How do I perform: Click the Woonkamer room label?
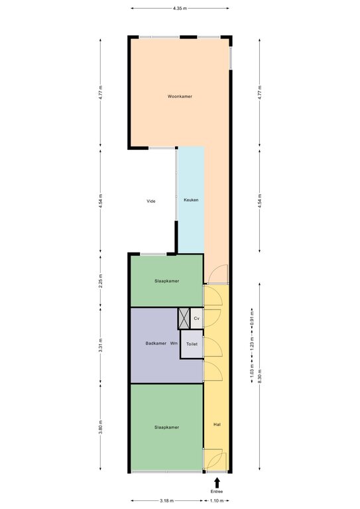180,96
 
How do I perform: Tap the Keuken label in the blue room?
191,200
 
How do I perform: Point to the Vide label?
151,201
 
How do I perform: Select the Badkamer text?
156,343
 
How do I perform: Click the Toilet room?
192,344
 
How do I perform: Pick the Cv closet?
196,318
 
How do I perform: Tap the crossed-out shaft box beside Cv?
184,318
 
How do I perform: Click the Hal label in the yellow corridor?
217,424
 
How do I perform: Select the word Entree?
217,492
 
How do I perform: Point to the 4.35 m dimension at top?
180,8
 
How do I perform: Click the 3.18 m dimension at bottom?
166,500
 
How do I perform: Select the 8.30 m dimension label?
259,376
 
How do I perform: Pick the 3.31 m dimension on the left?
100,345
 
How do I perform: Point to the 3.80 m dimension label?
100,427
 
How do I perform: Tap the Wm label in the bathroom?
174,343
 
